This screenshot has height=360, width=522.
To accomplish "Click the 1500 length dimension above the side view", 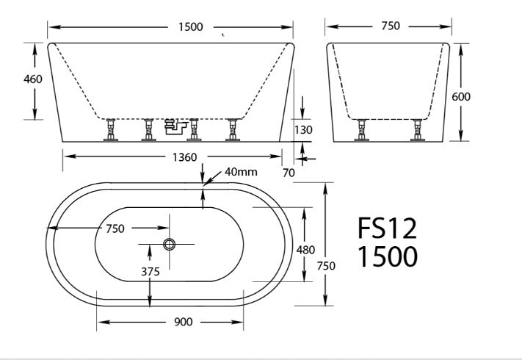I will point(189,27).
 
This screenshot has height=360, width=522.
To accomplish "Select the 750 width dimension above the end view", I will point(391,26).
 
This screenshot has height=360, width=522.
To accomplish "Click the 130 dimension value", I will point(303,130).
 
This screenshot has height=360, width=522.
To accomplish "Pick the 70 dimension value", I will point(289,173).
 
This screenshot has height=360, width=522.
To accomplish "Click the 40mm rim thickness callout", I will point(240,173).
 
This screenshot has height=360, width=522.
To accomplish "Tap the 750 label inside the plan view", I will point(115,228).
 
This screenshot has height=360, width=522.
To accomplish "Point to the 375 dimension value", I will point(150,271).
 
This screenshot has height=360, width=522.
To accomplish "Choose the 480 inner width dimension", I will point(305,250).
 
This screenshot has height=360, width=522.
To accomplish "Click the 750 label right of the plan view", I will point(325,266).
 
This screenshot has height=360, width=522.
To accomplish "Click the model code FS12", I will point(387,229).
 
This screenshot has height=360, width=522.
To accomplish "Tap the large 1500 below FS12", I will point(387,257).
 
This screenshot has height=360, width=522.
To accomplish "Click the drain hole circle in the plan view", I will point(170,244).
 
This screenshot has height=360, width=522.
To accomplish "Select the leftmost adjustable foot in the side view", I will point(112,130).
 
